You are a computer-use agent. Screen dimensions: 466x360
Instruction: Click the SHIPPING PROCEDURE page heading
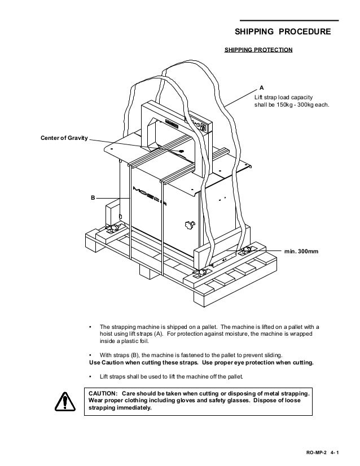283,32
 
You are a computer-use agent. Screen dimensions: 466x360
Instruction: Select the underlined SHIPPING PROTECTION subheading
258,50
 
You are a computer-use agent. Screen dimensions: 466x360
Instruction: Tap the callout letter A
261,88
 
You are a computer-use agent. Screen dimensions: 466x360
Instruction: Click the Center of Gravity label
63,137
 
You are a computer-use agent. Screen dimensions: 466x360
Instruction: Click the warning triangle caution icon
65,402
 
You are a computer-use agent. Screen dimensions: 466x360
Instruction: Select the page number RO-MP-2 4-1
324,452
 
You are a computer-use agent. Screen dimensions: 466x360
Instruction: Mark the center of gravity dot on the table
181,152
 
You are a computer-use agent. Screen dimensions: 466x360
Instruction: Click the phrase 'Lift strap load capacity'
288,96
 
